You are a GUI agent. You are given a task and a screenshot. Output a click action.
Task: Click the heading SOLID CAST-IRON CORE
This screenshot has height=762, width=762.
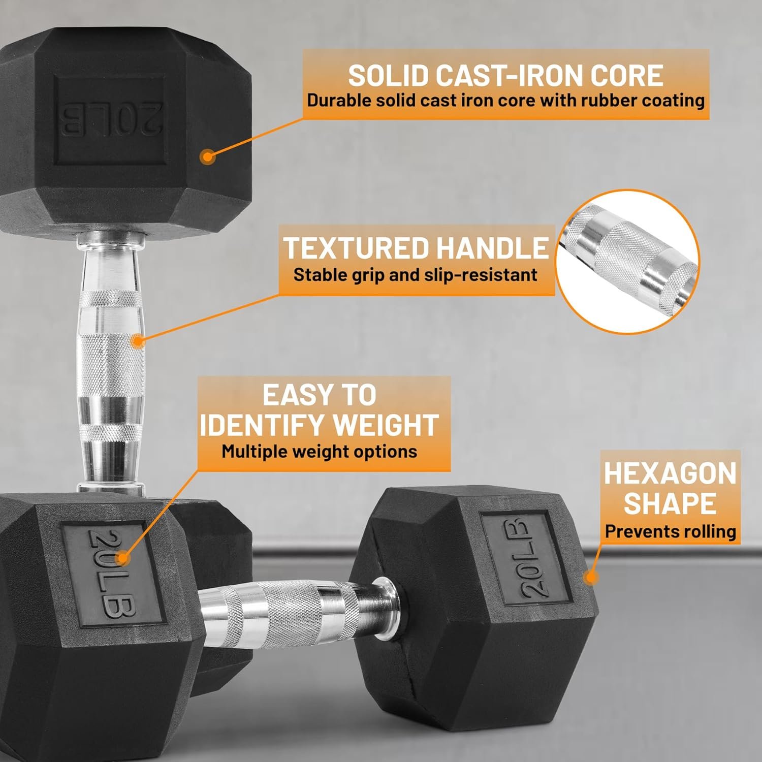505,75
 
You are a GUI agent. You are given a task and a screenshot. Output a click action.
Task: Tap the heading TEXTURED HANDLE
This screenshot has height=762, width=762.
416,248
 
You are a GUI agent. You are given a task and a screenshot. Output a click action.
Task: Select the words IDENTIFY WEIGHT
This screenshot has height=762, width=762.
320,425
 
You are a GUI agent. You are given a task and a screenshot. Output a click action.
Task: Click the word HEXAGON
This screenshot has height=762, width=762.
670,473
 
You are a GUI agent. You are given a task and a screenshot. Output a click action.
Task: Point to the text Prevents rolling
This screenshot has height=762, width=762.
671,531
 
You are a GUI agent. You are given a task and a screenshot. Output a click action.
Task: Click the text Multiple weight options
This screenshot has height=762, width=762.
320,451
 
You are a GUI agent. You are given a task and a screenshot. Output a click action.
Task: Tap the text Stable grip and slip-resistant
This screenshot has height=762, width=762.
416,275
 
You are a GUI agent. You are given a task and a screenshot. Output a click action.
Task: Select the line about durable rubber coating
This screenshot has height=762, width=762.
506,100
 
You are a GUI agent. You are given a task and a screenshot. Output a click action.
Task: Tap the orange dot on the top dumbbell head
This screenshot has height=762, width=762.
207,156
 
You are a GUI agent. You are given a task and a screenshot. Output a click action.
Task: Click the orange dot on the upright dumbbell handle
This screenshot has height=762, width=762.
138,341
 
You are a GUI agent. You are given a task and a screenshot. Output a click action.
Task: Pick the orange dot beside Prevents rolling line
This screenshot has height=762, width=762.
590,578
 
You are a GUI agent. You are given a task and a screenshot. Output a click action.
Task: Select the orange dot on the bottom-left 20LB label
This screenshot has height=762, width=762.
122,558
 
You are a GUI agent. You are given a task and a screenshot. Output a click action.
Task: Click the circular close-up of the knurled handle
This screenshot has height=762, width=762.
627,262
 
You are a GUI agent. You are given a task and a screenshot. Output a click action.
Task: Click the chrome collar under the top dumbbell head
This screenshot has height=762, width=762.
109,240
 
